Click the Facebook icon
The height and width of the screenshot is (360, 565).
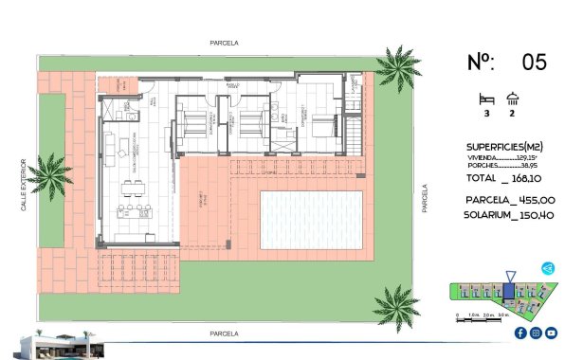520,333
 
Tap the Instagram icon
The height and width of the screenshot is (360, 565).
536,333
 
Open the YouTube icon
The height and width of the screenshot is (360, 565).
551,333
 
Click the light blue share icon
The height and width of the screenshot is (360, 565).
548,270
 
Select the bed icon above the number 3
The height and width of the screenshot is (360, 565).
486,99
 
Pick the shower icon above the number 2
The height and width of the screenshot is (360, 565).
513,98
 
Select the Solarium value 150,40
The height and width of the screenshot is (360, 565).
535,216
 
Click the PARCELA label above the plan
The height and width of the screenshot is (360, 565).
225,43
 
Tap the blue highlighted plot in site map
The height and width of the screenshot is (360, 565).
509,292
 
